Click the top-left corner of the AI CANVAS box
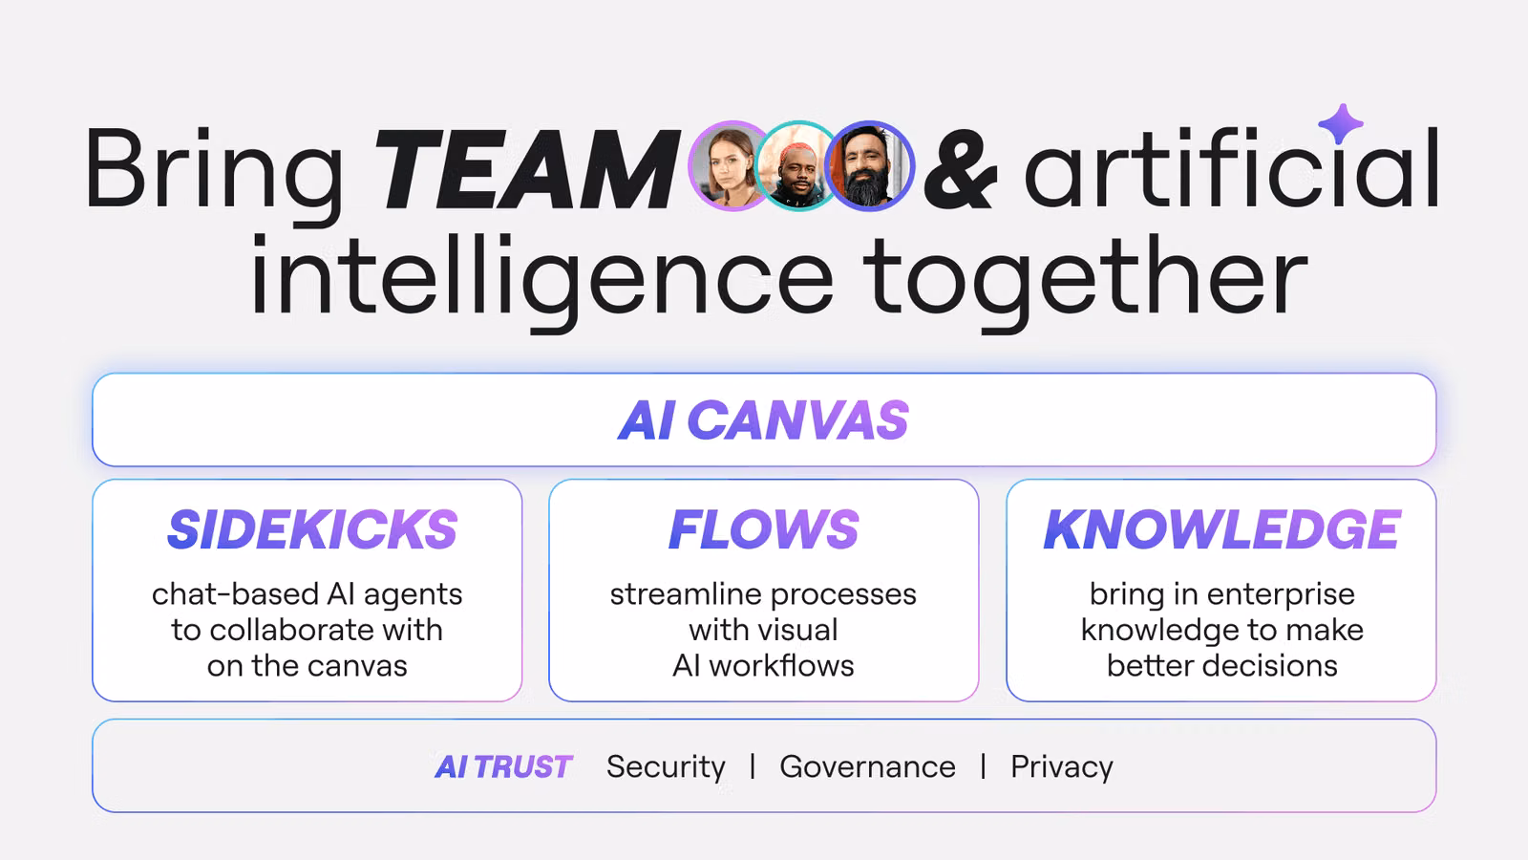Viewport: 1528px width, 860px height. coord(93,374)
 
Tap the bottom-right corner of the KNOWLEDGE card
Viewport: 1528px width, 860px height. coord(1436,701)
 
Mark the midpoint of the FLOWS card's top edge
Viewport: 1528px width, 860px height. coord(764,480)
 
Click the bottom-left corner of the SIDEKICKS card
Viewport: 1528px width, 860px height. coord(93,701)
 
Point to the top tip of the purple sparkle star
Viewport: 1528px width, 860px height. coord(1342,104)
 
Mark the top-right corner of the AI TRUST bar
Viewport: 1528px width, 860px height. coord(1436,720)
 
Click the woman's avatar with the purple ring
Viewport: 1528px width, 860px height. coord(732,166)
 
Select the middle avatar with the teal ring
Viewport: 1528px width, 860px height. coord(798,166)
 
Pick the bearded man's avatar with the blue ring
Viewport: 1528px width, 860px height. coord(869,166)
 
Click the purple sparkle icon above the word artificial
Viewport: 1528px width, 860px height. coord(1341,124)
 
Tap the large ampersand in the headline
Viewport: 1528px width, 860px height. coord(961,169)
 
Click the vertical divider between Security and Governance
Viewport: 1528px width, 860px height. coord(753,765)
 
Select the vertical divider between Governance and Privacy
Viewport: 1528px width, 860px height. coord(983,765)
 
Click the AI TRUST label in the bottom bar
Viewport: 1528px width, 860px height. coord(503,766)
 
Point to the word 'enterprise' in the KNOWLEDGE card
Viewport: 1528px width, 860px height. coord(1281,594)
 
